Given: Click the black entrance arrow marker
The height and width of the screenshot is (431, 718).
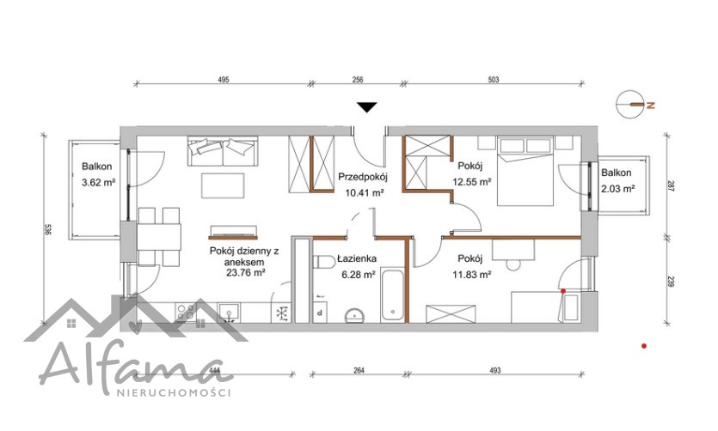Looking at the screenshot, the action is point(367,107).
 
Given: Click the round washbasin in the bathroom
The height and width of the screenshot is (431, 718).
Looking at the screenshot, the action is point(354,315).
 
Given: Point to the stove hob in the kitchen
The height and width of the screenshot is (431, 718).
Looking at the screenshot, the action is point(186,313).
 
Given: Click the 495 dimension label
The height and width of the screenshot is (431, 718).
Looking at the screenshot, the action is point(223,80).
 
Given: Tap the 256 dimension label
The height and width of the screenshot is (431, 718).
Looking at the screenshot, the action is point(358,80).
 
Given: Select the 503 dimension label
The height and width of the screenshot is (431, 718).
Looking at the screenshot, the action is point(493,80).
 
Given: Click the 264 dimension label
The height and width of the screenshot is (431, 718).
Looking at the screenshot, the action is point(359,370).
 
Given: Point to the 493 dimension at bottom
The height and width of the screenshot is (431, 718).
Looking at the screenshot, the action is point(495,370).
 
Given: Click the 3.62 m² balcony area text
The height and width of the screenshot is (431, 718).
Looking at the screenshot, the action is point(98,183).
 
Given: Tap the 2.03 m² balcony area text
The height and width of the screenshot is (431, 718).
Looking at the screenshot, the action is point(617,188).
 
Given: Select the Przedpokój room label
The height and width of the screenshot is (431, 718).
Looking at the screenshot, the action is point(363,177).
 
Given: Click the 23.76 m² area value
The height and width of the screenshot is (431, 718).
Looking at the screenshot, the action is point(246,273).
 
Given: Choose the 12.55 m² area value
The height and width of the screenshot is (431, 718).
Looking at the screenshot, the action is point(472,182).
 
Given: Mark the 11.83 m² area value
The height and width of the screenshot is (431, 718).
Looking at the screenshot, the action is point(472,275).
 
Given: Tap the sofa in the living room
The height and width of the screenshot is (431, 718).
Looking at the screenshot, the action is point(223,151).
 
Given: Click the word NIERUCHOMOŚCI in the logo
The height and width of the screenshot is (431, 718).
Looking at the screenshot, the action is point(174,392).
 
